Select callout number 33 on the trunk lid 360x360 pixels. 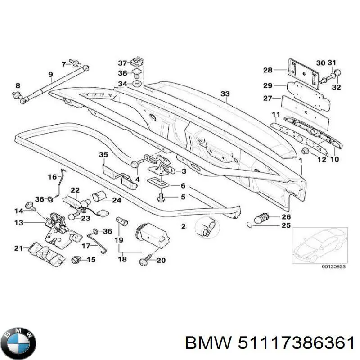point(225,94)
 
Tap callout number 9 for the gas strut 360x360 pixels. point(50,74)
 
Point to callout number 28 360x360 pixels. point(268,70)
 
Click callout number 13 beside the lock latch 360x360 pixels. point(18,222)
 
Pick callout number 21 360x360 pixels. point(18,248)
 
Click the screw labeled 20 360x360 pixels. point(147,260)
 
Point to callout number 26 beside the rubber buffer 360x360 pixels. point(286,217)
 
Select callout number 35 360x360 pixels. point(103,156)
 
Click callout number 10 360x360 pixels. point(335,159)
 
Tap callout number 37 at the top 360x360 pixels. point(123,63)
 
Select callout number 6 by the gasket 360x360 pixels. point(183,186)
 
